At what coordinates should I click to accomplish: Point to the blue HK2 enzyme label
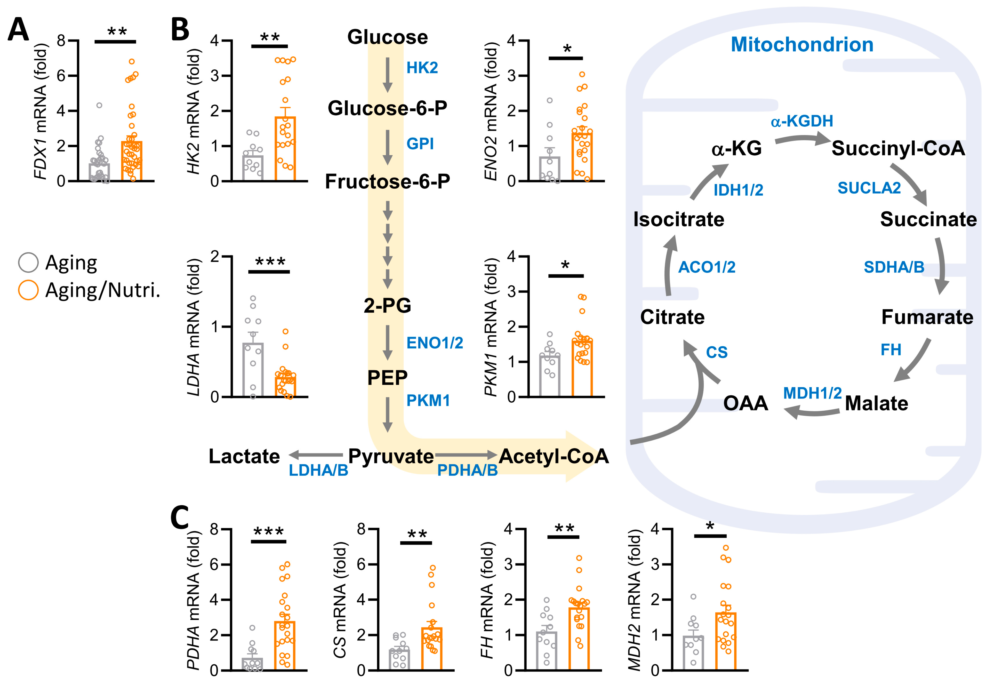(422, 68)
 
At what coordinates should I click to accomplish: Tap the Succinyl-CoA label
(898, 148)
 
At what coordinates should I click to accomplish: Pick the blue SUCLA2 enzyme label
(869, 188)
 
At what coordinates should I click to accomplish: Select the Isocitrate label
(679, 219)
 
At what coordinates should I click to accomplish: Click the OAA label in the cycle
(745, 403)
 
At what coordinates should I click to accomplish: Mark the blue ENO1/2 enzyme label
(435, 343)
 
